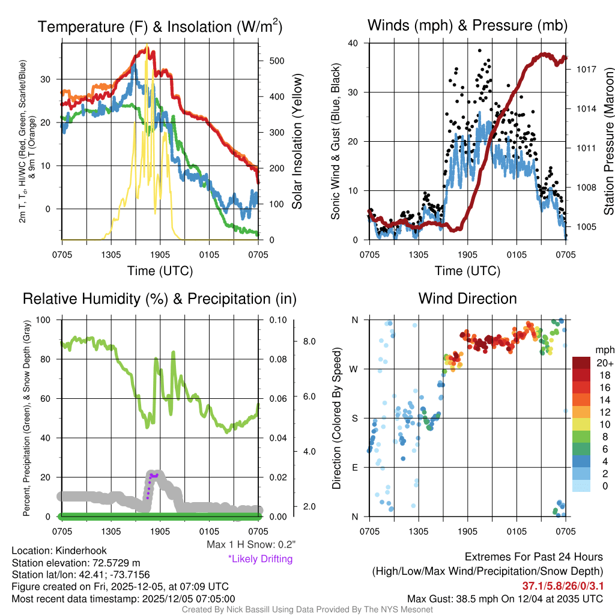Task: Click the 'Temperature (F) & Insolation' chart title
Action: click(160, 26)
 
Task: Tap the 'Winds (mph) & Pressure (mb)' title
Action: click(467, 25)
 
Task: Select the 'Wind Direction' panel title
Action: click(467, 298)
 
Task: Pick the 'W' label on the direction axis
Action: click(354, 369)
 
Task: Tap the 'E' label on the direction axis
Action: click(354, 467)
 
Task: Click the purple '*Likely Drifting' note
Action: click(260, 559)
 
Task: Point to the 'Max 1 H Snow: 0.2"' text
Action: click(250, 545)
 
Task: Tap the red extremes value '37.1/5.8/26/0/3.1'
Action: click(562, 586)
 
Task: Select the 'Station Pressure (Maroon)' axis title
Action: click(609, 142)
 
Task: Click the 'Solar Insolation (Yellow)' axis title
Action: click(297, 142)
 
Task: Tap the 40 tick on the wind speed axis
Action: click(353, 43)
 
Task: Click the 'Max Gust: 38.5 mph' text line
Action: click(504, 598)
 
